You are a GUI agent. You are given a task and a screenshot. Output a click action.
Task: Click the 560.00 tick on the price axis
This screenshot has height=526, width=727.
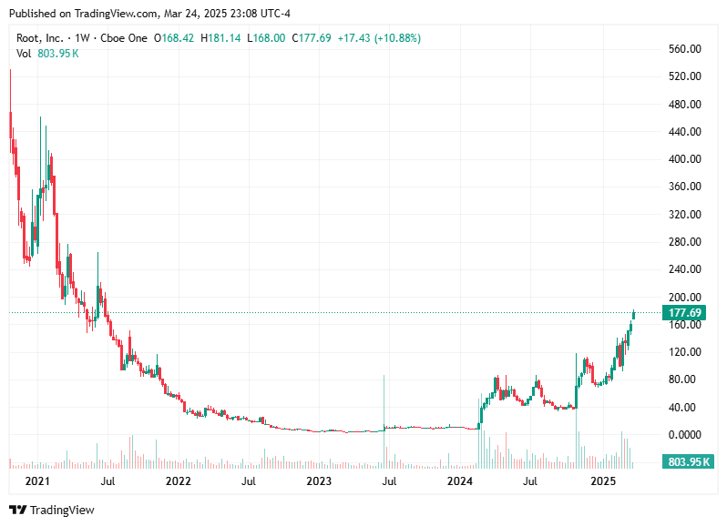pyautogui.click(x=683, y=49)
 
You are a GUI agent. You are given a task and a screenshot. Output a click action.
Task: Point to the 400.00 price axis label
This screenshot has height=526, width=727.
pyautogui.click(x=683, y=159)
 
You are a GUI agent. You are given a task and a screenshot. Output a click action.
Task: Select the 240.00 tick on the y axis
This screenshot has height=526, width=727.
pyautogui.click(x=683, y=269)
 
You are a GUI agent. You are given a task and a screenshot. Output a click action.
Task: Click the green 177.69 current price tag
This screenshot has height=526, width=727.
pyautogui.click(x=685, y=313)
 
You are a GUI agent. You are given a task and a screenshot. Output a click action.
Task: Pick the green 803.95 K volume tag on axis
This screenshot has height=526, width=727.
pyautogui.click(x=688, y=462)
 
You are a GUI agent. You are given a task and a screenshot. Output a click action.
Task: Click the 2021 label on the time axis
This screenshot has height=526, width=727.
pyautogui.click(x=36, y=480)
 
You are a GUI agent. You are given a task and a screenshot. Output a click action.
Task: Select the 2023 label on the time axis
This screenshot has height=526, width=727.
pyautogui.click(x=319, y=480)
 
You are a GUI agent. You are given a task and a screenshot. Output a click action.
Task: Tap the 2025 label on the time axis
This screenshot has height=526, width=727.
pyautogui.click(x=603, y=480)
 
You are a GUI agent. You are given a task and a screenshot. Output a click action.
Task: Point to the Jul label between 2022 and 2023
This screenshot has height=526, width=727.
pyautogui.click(x=249, y=480)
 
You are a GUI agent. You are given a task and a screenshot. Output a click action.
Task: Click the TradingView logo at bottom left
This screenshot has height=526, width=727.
pyautogui.click(x=52, y=511)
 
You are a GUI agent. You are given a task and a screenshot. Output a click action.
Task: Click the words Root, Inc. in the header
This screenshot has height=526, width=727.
pyautogui.click(x=41, y=38)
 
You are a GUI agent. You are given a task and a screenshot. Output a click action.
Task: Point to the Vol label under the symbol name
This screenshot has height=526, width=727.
pyautogui.click(x=25, y=54)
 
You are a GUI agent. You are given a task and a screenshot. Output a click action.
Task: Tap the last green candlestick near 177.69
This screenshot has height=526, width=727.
pyautogui.click(x=633, y=314)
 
